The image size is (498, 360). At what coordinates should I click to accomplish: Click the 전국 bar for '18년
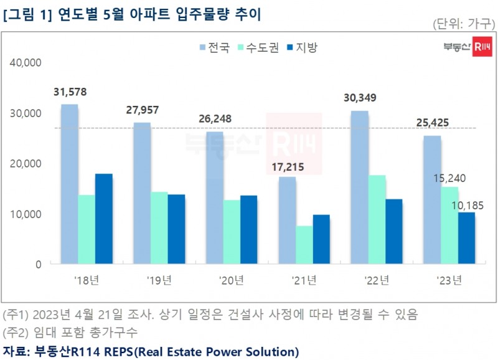pos(69,184)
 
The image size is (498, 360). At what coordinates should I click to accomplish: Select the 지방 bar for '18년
pos(103,219)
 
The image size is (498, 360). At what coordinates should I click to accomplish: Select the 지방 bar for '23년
pos(466,238)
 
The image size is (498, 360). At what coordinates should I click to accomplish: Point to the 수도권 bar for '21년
pos(304,245)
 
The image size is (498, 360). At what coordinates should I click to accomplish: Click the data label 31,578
pos(70,92)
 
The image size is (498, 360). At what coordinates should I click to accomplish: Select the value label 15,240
pos(449,178)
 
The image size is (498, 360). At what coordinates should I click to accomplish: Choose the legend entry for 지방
pos(301,47)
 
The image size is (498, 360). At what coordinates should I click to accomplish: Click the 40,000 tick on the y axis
pos(26,63)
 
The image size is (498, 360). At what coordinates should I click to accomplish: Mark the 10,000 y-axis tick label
pos(26,214)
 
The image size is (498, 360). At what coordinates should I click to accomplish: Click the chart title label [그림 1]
pos(27,13)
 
